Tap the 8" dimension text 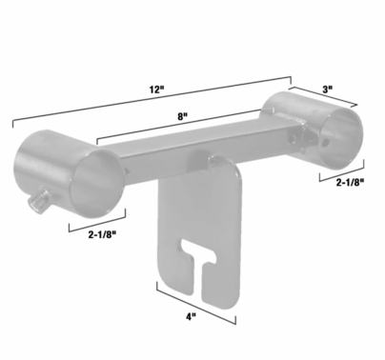(x=182, y=114)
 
